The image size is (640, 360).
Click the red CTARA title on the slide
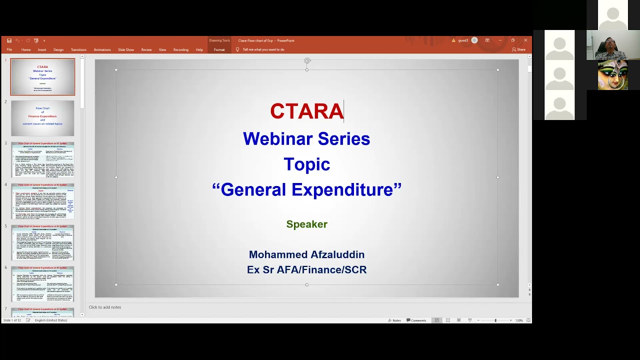pyautogui.click(x=306, y=111)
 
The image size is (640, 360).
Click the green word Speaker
pyautogui.click(x=306, y=224)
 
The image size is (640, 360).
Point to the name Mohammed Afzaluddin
pyautogui.click(x=306, y=255)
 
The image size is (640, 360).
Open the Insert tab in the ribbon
pyautogui.click(x=42, y=49)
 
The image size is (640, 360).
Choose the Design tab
pyautogui.click(x=58, y=49)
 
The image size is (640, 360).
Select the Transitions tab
pyautogui.click(x=78, y=49)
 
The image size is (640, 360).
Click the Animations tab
pyautogui.click(x=102, y=49)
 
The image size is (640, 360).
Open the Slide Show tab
pyautogui.click(x=126, y=49)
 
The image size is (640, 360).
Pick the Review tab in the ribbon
pyautogui.click(x=146, y=49)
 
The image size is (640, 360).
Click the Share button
pyautogui.click(x=519, y=49)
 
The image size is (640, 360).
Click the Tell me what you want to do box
pyautogui.click(x=263, y=49)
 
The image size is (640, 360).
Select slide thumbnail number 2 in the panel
pyautogui.click(x=42, y=118)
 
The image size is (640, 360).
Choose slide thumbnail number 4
pyautogui.click(x=42, y=201)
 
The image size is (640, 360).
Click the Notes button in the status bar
pyautogui.click(x=394, y=320)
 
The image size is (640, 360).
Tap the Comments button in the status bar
pyautogui.click(x=416, y=320)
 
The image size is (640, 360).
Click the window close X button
pyautogui.click(x=525, y=40)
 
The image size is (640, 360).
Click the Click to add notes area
pyautogui.click(x=105, y=307)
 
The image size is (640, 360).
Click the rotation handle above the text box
pyautogui.click(x=307, y=60)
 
